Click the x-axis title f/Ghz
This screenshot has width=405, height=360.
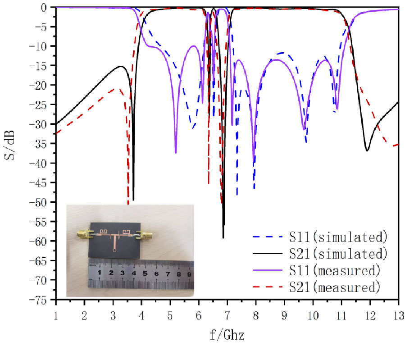(x=227, y=335)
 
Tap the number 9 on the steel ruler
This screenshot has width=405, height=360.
(x=190, y=273)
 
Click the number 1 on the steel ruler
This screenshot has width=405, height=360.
(x=99, y=273)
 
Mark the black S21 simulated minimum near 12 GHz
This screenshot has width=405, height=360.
(x=368, y=150)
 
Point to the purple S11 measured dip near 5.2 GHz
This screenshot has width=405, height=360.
(x=176, y=152)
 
